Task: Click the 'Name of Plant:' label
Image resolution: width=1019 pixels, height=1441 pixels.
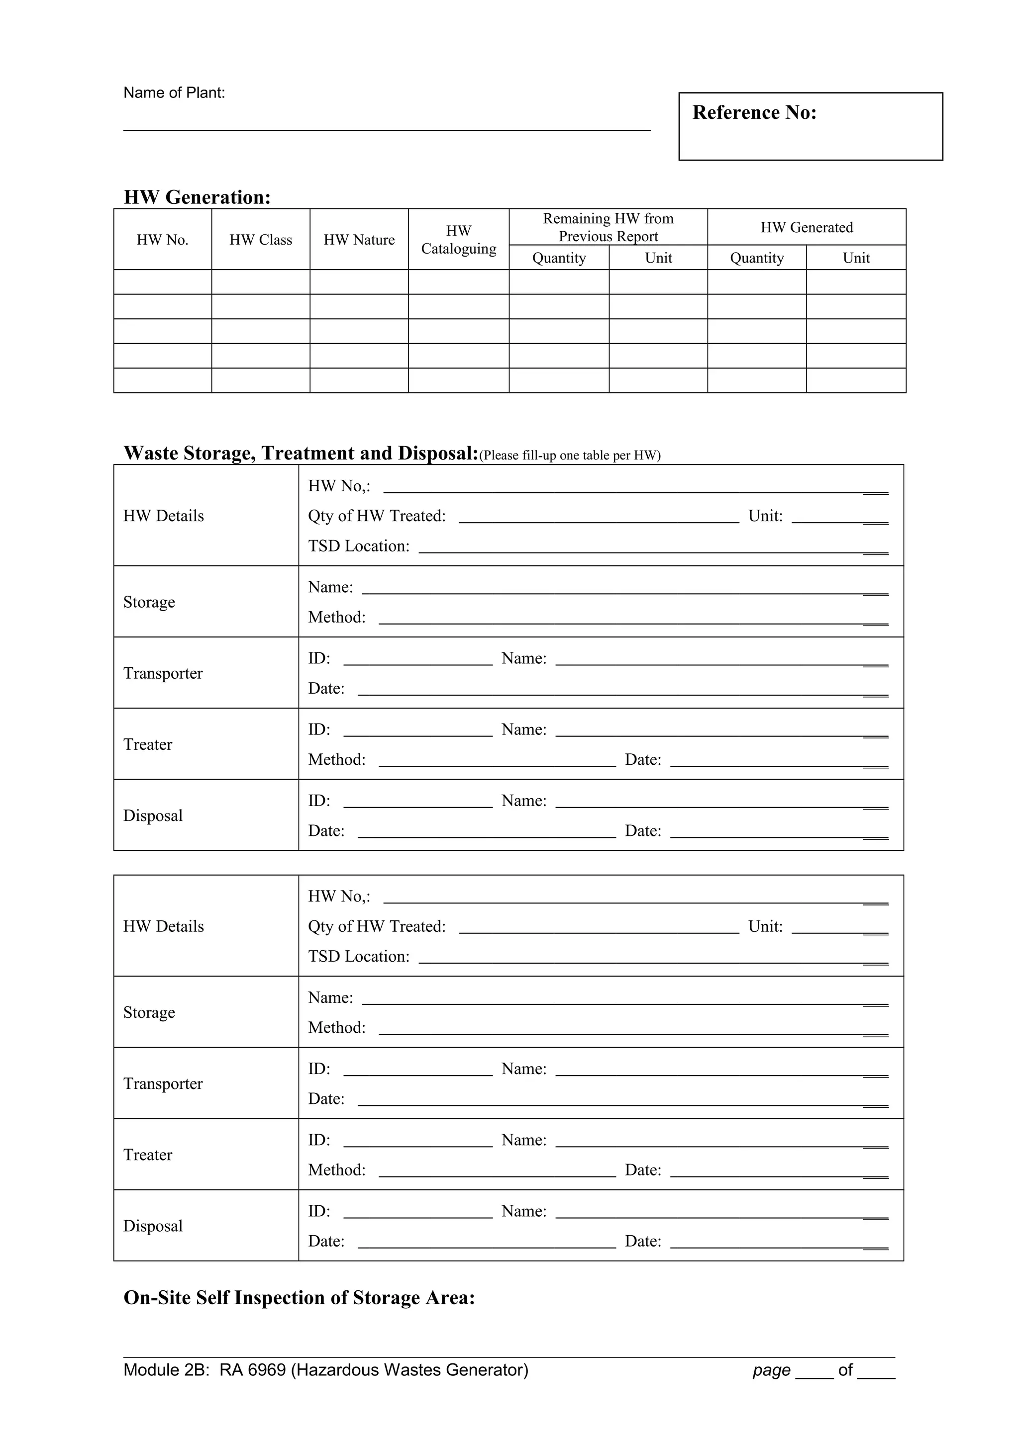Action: coord(174,93)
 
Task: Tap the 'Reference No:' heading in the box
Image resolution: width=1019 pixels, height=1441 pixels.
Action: coord(754,112)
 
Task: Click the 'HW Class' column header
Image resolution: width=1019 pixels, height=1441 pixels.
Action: coord(261,240)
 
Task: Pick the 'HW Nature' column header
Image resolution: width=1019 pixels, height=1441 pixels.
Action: coord(359,240)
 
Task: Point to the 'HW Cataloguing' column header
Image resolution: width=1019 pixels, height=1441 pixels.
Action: coord(458,240)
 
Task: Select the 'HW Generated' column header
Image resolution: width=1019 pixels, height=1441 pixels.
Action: coord(806,227)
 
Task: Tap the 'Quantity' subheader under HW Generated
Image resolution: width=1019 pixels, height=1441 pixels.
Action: coord(757,258)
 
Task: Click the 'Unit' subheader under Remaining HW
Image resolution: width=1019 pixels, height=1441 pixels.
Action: coord(658,258)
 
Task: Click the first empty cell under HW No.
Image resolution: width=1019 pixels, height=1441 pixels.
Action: coord(163,282)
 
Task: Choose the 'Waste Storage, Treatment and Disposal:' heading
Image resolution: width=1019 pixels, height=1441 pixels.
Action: coord(301,453)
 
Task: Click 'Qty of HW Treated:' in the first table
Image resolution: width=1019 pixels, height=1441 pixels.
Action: coord(377,516)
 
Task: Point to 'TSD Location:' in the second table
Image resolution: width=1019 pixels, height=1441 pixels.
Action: coord(359,957)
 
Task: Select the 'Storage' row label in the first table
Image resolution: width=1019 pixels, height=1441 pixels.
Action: coord(149,602)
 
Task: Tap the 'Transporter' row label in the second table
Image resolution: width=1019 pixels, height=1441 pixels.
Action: coord(163,1084)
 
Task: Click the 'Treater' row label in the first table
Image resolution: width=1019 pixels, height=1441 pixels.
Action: coord(148,744)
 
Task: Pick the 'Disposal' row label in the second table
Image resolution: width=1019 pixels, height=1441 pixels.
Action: coord(153,1226)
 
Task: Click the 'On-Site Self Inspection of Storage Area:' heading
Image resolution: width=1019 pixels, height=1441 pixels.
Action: coord(299,1297)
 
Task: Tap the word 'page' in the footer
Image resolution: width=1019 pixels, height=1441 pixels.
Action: coord(771,1370)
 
